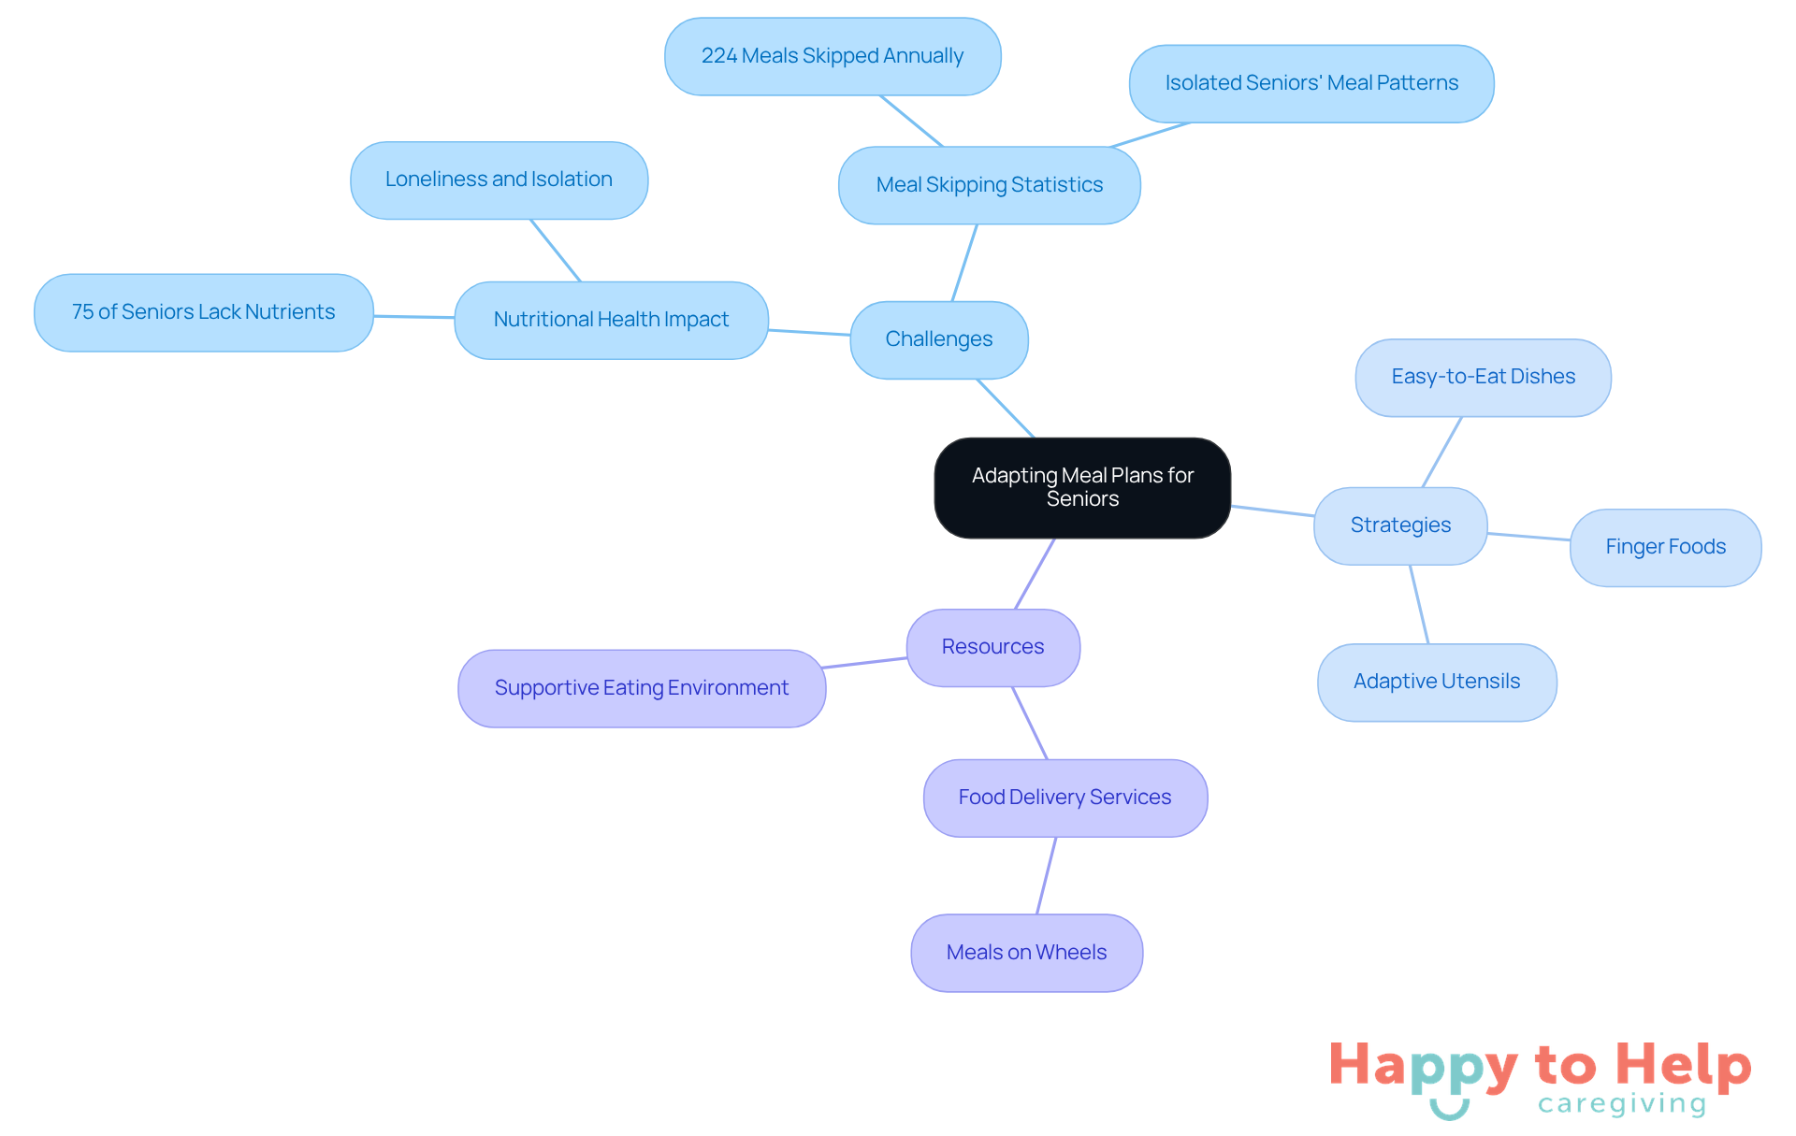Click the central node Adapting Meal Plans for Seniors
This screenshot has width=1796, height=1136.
[1082, 487]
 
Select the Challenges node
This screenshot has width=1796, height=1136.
[938, 339]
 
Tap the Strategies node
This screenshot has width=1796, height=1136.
[1400, 525]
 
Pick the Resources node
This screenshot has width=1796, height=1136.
[992, 647]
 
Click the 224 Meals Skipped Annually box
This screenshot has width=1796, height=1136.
[832, 56]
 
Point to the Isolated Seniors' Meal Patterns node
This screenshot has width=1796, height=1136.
[1311, 83]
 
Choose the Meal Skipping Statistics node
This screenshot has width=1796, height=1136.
[989, 185]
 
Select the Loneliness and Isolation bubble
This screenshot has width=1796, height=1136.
[499, 180]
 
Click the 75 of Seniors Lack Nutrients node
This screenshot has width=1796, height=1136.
[203, 312]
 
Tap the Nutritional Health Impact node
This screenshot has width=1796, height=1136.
[611, 320]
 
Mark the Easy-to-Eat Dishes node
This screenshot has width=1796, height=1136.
[1483, 377]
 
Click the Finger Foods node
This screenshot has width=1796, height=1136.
[1665, 547]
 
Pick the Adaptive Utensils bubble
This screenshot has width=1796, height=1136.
[1436, 682]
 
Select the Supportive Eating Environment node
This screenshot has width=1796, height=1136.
[641, 688]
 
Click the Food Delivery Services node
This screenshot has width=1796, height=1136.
[1065, 798]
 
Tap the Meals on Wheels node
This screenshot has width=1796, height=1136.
[1026, 953]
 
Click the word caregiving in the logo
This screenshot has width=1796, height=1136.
[1622, 1104]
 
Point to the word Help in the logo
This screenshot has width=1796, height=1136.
[1683, 1065]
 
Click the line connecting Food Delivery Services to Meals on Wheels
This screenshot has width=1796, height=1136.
[1047, 875]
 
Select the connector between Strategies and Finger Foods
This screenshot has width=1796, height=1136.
[1528, 537]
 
